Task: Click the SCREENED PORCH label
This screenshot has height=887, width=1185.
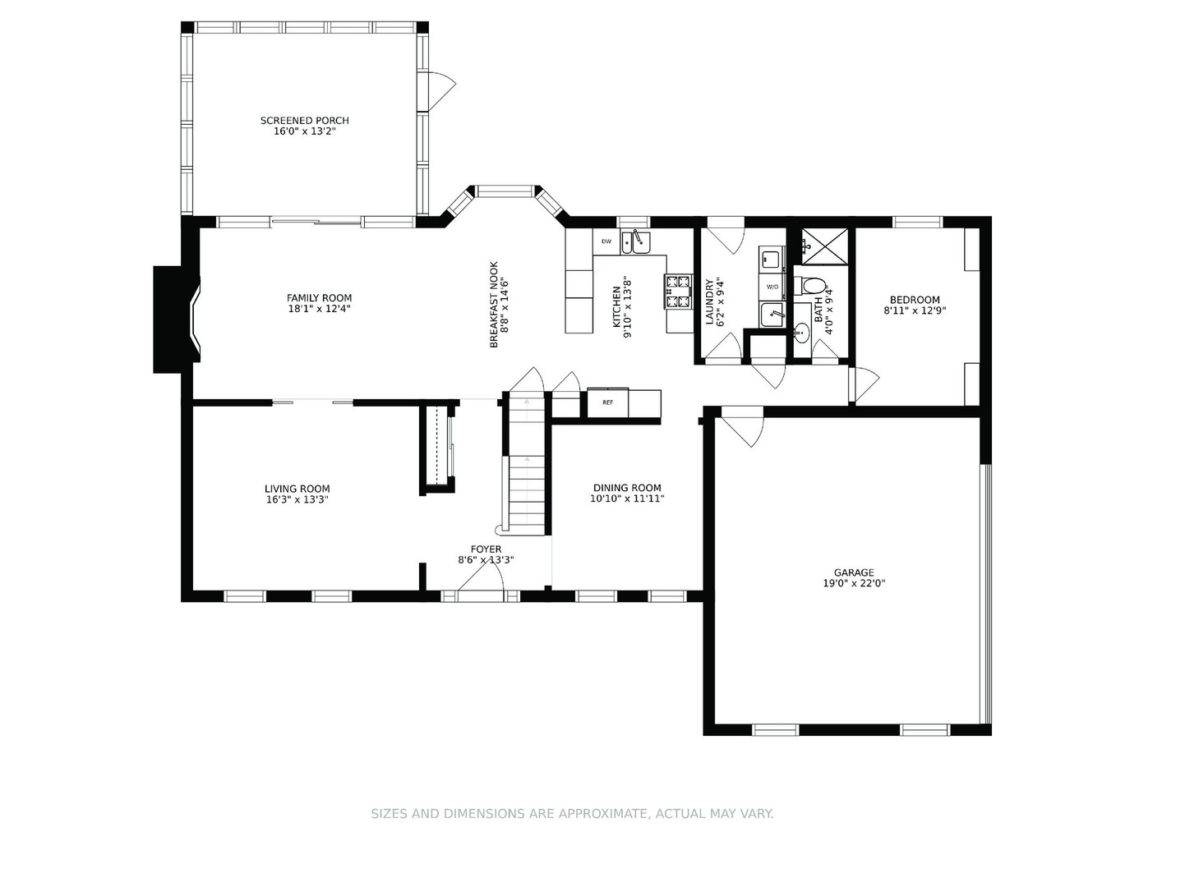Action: (305, 121)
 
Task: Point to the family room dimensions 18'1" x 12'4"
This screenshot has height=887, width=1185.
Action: (319, 310)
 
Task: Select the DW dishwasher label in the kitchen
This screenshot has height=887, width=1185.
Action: (606, 241)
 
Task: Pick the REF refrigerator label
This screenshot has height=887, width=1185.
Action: (607, 402)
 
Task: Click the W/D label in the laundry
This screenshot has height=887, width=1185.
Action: (772, 287)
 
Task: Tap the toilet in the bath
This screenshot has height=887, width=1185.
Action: (813, 287)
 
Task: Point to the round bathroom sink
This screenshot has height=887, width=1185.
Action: (803, 333)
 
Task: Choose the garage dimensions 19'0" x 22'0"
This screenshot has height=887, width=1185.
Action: (854, 584)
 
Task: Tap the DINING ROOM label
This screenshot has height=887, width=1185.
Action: (627, 488)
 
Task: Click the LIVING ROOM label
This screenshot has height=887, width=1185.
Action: (297, 489)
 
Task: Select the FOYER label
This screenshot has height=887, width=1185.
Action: (486, 549)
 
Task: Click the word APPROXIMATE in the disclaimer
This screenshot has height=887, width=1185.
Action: (603, 814)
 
